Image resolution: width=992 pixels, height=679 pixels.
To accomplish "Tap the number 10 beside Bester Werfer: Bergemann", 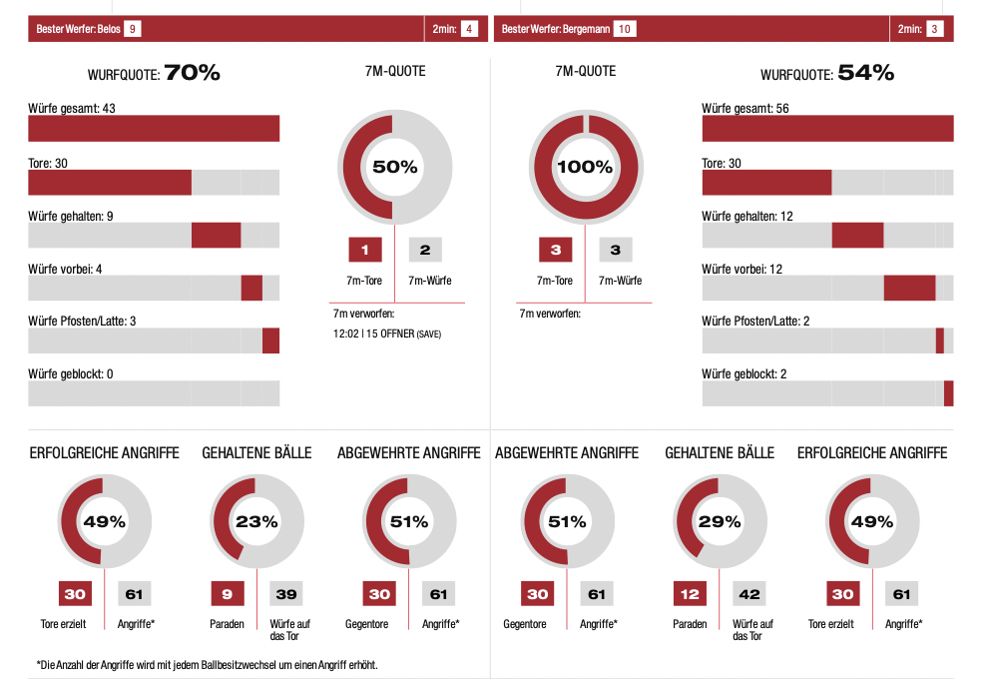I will coord(625,29).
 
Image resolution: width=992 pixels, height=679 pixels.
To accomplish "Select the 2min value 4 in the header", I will coord(469,29).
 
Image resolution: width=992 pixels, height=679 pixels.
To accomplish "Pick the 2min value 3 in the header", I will coord(934,29).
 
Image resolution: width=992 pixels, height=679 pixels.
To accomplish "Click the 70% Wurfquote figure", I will coord(193,73).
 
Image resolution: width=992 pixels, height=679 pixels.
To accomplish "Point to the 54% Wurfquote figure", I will coord(865,73).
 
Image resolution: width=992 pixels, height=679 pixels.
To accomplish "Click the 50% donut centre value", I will coord(395,167).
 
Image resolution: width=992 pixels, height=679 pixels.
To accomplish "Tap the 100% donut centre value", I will coord(584,167).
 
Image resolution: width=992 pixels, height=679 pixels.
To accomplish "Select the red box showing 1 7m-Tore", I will coord(365,250).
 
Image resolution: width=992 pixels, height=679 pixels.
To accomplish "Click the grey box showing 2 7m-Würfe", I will coord(425,250).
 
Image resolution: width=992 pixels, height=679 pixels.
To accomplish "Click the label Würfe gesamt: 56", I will coord(745,108).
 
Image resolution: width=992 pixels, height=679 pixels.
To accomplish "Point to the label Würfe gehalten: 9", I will coord(70,216).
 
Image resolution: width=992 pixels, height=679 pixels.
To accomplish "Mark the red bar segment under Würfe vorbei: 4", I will coord(251,288).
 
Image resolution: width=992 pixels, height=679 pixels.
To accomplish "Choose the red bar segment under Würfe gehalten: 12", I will coord(857,235).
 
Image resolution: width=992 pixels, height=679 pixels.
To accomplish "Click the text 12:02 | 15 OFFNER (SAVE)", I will coord(387,334).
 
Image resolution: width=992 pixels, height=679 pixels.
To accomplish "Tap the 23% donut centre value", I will coord(256,521).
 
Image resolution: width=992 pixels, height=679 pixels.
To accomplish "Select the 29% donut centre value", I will coord(720,521).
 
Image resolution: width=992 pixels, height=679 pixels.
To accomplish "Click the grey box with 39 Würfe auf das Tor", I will coord(286,594).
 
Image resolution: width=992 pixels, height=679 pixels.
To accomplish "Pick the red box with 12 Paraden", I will coord(690,594).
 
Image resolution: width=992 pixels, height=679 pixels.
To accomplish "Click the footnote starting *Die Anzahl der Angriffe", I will coord(207,664).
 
